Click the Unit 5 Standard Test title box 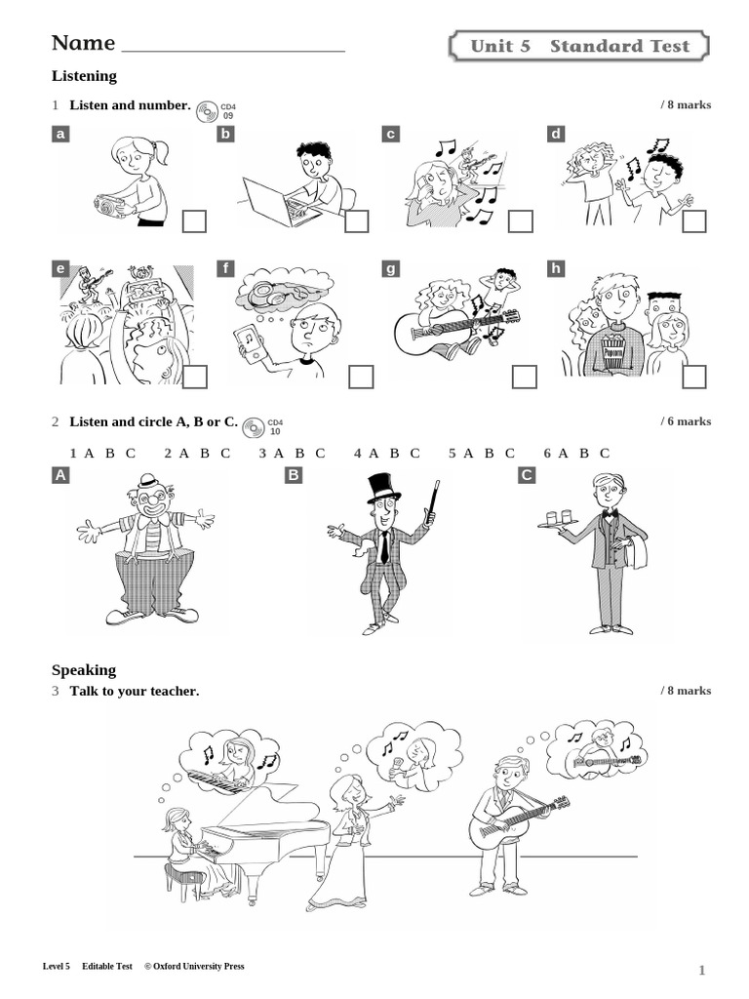point(579,46)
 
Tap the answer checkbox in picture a point(194,221)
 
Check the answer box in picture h point(693,377)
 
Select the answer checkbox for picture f point(361,377)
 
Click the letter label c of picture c point(391,134)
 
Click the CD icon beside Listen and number point(206,110)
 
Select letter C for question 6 point(605,453)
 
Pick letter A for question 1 point(89,453)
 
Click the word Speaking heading point(84,670)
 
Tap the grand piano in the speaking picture point(263,829)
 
